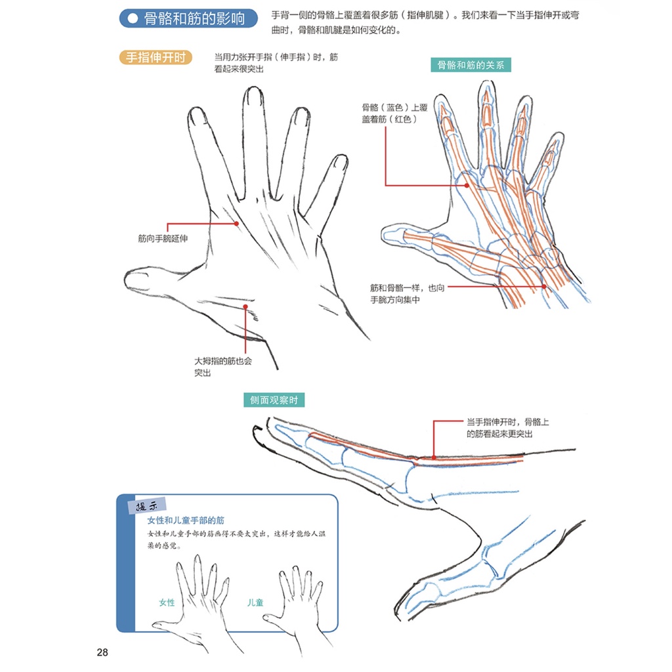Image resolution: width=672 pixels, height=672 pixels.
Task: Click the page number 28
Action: click(x=102, y=652)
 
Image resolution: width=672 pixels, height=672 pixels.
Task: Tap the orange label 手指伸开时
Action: click(x=156, y=58)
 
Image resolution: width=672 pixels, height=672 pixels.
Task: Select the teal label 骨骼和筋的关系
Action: click(x=470, y=64)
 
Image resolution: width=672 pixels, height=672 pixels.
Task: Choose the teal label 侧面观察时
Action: click(x=274, y=400)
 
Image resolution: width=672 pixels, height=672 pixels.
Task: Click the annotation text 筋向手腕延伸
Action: click(x=163, y=238)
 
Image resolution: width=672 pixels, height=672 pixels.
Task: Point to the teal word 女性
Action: click(x=167, y=602)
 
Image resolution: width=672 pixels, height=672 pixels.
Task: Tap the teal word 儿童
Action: click(x=255, y=602)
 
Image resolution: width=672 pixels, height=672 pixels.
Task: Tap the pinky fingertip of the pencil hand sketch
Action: click(x=339, y=163)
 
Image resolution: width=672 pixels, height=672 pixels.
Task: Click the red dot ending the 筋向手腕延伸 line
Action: click(x=236, y=224)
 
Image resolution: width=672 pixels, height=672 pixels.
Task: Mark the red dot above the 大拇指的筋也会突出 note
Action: click(x=244, y=306)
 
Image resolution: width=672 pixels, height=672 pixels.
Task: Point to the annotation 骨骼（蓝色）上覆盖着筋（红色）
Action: click(x=390, y=113)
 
